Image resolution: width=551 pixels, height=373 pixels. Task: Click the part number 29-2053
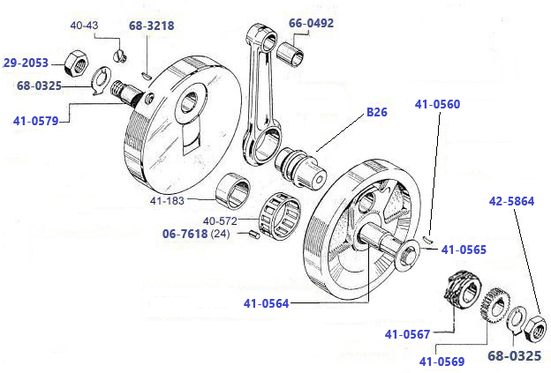click(x=25, y=63)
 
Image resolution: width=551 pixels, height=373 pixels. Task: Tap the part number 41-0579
click(x=36, y=121)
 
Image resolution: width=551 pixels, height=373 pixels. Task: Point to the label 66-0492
click(x=311, y=23)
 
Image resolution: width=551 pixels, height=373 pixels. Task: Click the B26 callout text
click(x=377, y=113)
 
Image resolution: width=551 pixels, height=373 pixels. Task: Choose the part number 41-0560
click(x=437, y=104)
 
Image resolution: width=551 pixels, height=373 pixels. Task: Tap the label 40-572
click(x=222, y=220)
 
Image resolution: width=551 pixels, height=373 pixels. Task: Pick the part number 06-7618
click(x=185, y=235)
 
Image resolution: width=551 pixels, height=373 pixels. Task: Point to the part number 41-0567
click(x=407, y=333)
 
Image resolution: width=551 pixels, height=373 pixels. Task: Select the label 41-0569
click(x=442, y=360)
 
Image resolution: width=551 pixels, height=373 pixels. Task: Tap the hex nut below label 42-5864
click(x=535, y=329)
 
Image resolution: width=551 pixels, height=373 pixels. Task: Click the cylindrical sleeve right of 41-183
click(x=234, y=190)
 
